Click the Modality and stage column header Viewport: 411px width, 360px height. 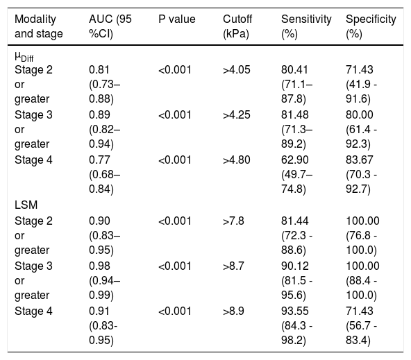point(39,26)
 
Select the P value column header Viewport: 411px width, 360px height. point(177,19)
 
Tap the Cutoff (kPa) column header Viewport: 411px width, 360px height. point(237,26)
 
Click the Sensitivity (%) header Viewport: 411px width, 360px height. point(306,26)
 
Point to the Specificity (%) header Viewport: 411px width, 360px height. point(371,26)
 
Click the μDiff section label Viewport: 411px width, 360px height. point(24,57)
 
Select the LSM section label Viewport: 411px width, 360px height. point(26,205)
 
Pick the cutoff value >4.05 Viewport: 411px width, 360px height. point(237,70)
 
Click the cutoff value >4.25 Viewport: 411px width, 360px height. point(237,115)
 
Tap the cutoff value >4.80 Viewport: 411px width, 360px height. point(237,160)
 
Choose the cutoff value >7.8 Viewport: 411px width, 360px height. point(233,221)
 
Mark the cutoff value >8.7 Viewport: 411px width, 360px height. point(233,266)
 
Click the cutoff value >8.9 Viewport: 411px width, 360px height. point(233,311)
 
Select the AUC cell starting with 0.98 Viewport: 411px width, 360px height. point(104,280)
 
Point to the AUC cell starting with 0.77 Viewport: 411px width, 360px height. point(104,174)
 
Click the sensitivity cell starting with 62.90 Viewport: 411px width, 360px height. point(296,174)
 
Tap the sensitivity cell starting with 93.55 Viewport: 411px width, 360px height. point(296,325)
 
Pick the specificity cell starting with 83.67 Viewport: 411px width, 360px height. point(361,174)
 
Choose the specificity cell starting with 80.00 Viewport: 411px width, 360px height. point(361,129)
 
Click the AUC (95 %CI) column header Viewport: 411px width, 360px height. point(110,26)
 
